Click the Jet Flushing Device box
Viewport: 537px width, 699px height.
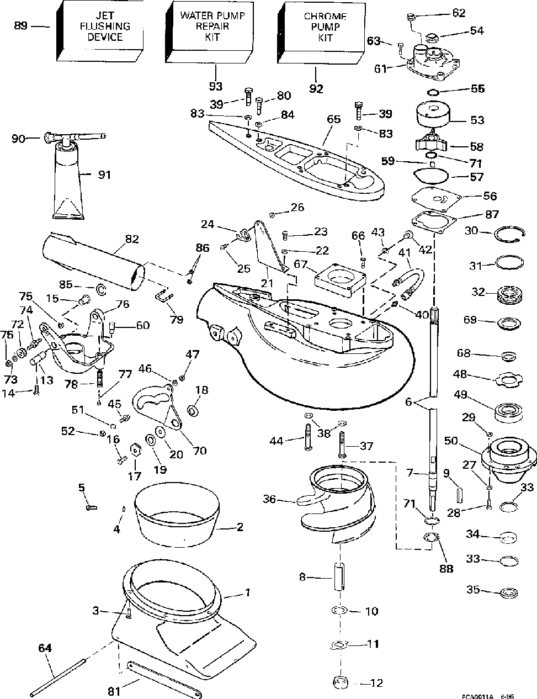(100, 31)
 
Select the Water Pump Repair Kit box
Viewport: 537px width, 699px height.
(209, 31)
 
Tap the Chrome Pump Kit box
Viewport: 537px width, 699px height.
(321, 33)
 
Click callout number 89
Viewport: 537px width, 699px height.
(21, 26)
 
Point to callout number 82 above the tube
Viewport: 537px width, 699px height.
(132, 239)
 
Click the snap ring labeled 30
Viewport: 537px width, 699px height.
(509, 235)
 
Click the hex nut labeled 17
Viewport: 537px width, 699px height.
(135, 450)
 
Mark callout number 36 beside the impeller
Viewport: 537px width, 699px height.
(269, 499)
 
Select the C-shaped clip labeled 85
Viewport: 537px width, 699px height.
(101, 289)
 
